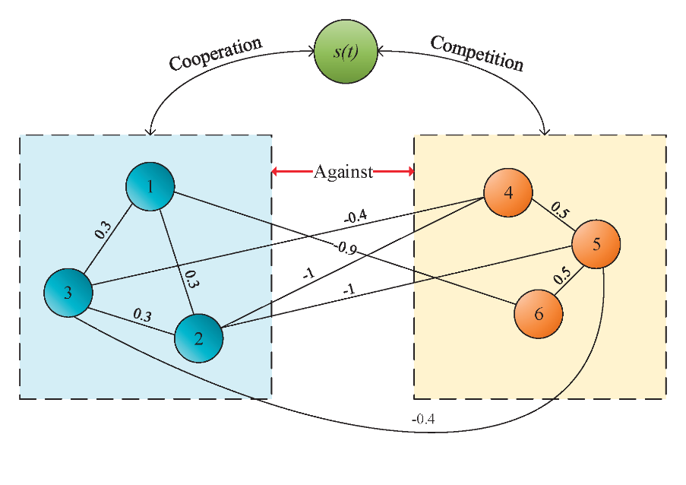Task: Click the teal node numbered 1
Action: pos(150,186)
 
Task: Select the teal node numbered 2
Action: pos(199,338)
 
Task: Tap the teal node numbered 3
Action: pos(68,293)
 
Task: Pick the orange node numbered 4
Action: pos(508,192)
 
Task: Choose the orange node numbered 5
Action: pos(596,244)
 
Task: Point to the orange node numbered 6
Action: pos(539,313)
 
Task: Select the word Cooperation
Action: pos(216,52)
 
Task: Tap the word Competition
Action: pos(477,52)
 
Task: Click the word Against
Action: pos(343,172)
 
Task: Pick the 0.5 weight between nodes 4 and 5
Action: pos(560,210)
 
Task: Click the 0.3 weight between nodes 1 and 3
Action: pos(103,230)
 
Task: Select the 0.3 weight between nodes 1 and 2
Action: pos(191,280)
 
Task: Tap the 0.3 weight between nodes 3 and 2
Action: pos(142,313)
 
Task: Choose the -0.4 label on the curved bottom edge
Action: pos(423,419)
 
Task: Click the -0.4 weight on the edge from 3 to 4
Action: pos(356,217)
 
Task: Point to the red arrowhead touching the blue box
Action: pos(276,172)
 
